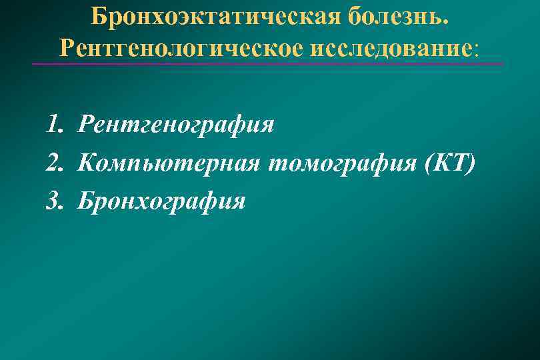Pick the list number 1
53,125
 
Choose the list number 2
54,162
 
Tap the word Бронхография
161,200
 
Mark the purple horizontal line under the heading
267,64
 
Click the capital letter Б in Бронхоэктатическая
99,15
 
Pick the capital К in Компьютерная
87,162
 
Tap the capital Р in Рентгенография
86,125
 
